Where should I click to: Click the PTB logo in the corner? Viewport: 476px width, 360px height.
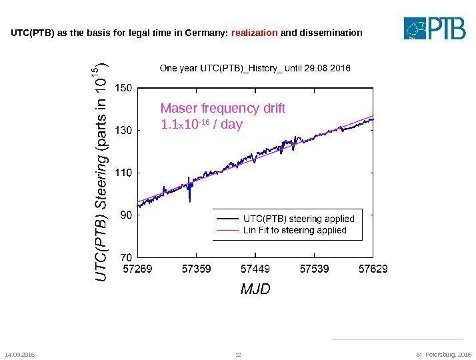click(436, 28)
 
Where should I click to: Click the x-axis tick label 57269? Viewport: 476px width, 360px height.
click(138, 269)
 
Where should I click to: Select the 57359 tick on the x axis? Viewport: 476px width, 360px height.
click(197, 269)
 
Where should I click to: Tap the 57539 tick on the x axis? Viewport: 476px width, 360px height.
click(314, 269)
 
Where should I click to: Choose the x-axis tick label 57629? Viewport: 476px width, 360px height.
click(373, 269)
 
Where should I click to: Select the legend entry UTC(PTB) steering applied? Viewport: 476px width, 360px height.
click(299, 218)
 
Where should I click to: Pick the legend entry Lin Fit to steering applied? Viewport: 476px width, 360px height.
click(295, 230)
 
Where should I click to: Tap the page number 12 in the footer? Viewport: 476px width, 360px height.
click(239, 354)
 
